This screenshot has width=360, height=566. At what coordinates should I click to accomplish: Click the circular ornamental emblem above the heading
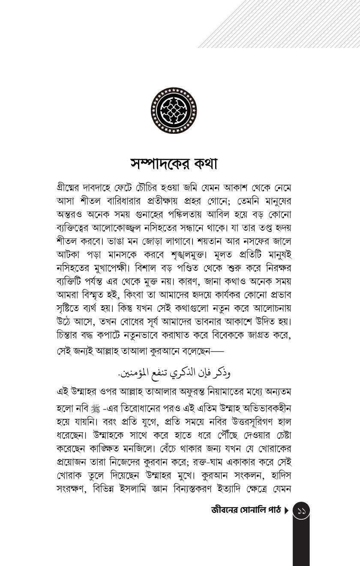174,111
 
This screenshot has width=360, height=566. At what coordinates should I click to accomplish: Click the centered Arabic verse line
174,372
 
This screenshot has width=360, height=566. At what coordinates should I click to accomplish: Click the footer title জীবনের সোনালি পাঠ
246,510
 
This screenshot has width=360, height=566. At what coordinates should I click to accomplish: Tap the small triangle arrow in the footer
287,511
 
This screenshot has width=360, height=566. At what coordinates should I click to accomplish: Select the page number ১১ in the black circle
301,511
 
